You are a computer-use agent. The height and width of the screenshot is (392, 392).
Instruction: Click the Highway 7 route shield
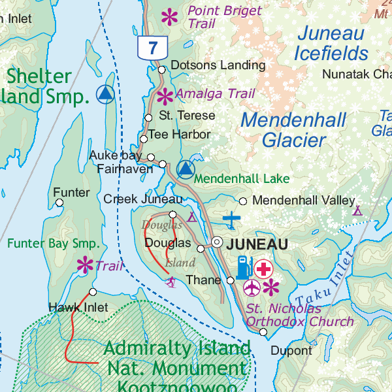pyautogui.click(x=153, y=47)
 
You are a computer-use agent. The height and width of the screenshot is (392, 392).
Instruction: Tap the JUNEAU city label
pyautogui.click(x=257, y=244)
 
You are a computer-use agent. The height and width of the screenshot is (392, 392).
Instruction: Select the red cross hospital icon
pyautogui.click(x=264, y=268)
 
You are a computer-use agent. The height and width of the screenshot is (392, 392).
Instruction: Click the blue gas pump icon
pyautogui.click(x=243, y=267)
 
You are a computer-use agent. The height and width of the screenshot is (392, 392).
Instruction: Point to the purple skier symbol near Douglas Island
pyautogui.click(x=171, y=282)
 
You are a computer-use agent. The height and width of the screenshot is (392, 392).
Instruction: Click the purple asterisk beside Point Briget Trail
pyautogui.click(x=170, y=16)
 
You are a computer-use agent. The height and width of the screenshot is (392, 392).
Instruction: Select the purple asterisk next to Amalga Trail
pyautogui.click(x=165, y=96)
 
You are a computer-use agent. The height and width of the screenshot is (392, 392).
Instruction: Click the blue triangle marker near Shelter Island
pyautogui.click(x=105, y=95)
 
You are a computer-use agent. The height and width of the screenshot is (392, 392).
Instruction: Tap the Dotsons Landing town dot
pyautogui.click(x=161, y=69)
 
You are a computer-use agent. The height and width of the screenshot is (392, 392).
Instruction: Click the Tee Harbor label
pyautogui.click(x=179, y=135)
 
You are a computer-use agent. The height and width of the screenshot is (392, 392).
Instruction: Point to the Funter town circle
pyautogui.click(x=59, y=203)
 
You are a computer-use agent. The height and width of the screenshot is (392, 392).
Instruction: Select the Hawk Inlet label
pyautogui.click(x=69, y=307)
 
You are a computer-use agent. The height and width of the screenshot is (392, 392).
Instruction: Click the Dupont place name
pyautogui.click(x=291, y=351)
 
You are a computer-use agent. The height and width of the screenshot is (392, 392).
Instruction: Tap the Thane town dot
pyautogui.click(x=230, y=280)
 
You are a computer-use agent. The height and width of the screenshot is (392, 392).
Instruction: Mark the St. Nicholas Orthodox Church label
pyautogui.click(x=299, y=315)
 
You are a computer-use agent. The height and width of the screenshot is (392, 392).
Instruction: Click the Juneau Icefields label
pyautogui.click(x=331, y=42)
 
